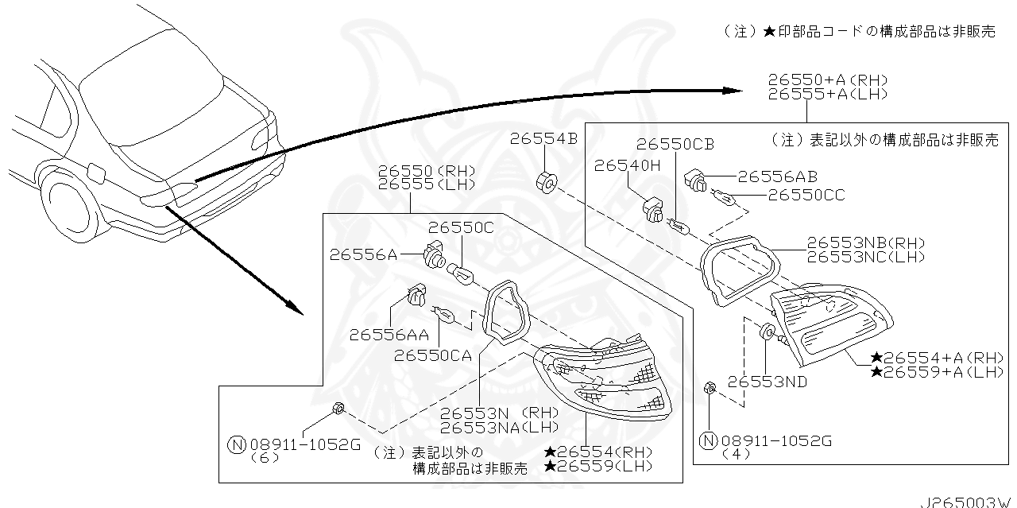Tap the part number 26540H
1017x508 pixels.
[x=627, y=165]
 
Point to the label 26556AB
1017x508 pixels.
[x=777, y=177]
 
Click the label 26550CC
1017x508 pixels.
[x=806, y=195]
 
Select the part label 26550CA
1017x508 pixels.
[x=433, y=355]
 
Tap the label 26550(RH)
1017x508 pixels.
[x=426, y=171]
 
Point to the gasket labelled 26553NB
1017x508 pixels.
[x=738, y=270]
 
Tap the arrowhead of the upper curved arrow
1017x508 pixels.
[x=734, y=91]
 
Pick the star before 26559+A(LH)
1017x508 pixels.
[x=876, y=372]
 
